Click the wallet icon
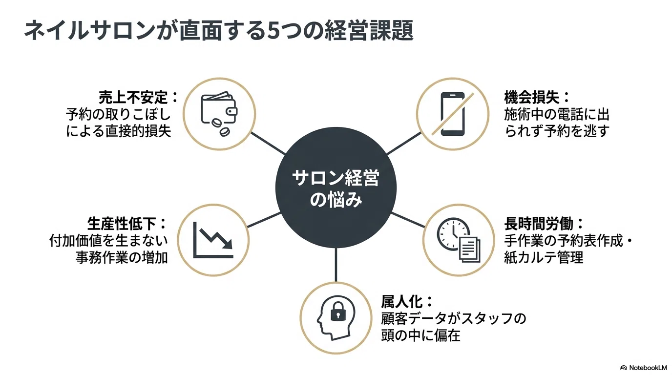pos(219,113)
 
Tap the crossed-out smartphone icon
pos(453,114)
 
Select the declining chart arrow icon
pos(213,240)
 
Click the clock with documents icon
pos(459,240)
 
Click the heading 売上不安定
pos(133,97)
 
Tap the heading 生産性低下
pos(122,224)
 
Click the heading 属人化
pos(402,302)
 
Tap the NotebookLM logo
pos(643,368)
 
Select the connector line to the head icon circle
pos(336,265)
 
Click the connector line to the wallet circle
pos(268,144)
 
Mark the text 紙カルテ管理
pos(544,257)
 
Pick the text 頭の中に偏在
pos(420,335)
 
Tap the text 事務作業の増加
pos(122,257)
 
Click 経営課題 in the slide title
pos(369,30)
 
